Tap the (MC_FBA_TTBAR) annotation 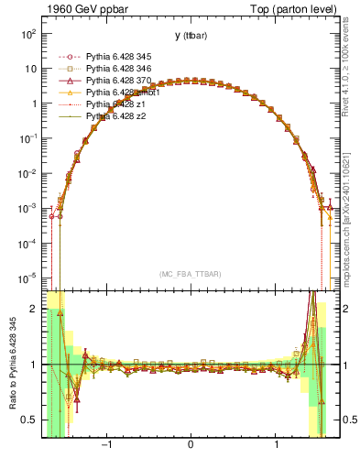click(190, 274)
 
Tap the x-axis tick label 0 click(191, 445)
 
